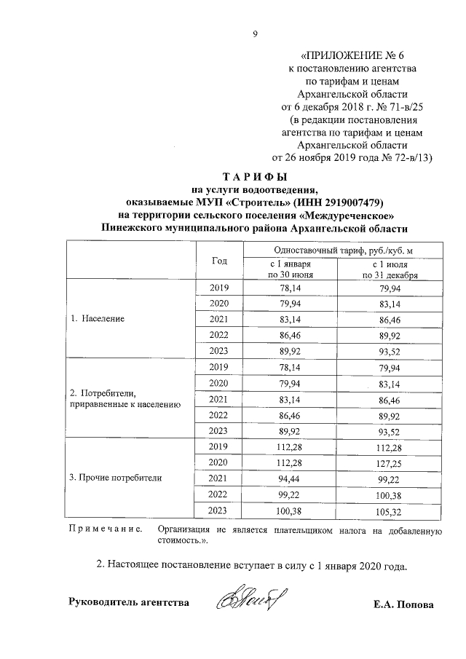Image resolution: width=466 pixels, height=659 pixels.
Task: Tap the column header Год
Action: click(x=219, y=261)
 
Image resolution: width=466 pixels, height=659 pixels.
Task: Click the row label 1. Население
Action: click(x=98, y=319)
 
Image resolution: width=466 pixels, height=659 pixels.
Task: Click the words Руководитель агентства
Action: click(x=128, y=602)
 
